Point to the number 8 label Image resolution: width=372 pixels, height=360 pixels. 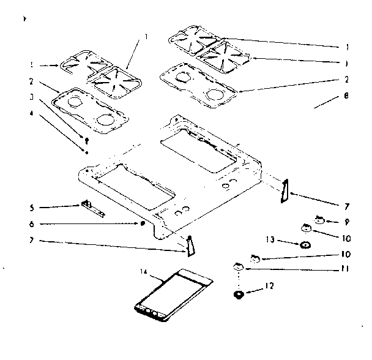pos(346,96)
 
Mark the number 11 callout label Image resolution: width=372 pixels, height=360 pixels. pos(346,268)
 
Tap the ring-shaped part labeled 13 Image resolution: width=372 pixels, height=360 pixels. pos(305,245)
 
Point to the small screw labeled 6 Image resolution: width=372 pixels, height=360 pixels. pos(143,224)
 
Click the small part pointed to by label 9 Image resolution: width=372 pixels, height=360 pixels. pos(319,218)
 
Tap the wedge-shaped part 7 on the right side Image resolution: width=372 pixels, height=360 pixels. pos(283,191)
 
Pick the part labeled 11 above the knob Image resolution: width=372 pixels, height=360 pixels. pos(238,267)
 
